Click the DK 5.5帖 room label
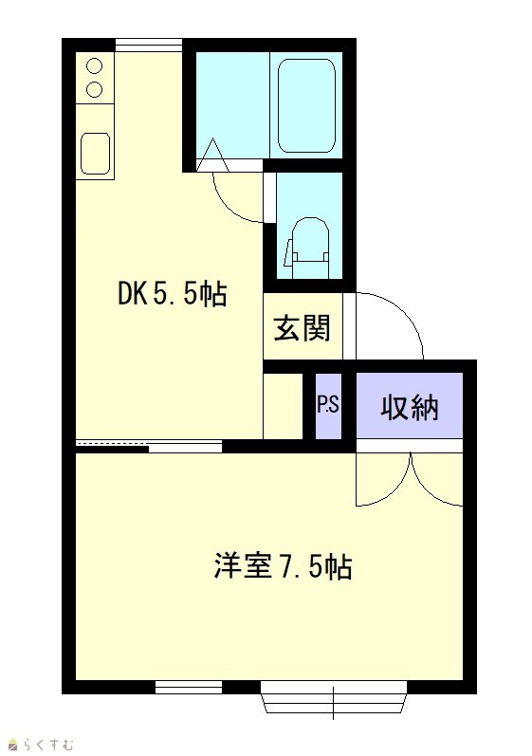tap(172, 293)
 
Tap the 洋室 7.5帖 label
tap(283, 566)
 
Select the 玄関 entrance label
tap(303, 328)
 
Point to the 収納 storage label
tap(410, 408)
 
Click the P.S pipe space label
tap(328, 405)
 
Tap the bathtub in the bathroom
tap(306, 105)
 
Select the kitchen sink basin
tap(95, 154)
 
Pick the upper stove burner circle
tap(95, 66)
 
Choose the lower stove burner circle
tap(95, 89)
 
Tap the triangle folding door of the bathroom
tap(212, 155)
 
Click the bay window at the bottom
tap(334, 697)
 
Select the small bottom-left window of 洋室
tap(189, 687)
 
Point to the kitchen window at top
tap(149, 45)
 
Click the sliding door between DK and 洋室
tap(150, 446)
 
